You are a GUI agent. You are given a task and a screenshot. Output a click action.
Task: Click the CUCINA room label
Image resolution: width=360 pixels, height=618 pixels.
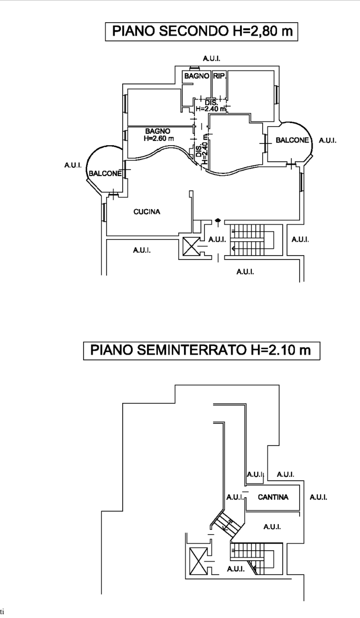coord(147,212)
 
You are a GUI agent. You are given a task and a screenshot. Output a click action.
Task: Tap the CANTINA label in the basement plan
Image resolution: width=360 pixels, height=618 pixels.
coord(273,497)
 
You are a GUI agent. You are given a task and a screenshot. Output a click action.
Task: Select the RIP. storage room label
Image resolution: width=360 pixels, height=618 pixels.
coord(220,76)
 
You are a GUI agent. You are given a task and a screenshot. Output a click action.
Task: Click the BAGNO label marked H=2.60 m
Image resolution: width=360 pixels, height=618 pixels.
coord(158,135)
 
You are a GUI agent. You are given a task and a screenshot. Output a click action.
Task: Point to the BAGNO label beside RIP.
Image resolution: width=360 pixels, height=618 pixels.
coord(197,76)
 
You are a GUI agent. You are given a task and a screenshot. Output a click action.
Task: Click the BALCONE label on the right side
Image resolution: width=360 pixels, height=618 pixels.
coord(292,140)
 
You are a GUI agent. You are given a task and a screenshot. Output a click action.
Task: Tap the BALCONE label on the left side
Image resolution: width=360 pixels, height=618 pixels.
coord(105,173)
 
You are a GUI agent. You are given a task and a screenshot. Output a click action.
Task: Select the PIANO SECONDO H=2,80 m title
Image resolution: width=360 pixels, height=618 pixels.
coord(202,31)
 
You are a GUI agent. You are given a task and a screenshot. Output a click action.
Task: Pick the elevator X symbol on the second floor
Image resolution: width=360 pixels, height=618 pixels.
coord(191,246)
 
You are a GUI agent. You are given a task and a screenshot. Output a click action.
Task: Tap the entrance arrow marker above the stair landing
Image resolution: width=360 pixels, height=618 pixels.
coord(218,222)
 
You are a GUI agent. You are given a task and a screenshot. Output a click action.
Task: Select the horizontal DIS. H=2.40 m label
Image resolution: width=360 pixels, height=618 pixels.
coord(211,106)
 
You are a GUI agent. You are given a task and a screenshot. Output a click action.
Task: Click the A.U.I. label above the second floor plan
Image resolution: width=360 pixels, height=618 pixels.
coord(211,59)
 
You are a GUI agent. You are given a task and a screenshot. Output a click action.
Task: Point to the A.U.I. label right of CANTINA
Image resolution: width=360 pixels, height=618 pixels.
coord(318,497)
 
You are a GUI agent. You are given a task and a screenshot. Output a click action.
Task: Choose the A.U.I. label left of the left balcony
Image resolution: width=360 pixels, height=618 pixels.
coord(73,165)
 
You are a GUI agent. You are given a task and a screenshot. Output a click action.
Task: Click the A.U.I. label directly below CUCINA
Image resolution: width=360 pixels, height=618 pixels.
coord(142,250)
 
